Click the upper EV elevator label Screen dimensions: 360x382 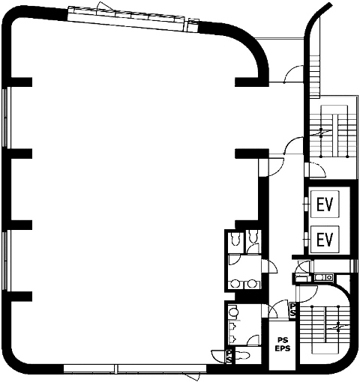(325, 204)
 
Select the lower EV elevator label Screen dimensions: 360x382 (325, 239)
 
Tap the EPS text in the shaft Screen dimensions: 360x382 (283, 348)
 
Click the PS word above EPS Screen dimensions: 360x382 (283, 340)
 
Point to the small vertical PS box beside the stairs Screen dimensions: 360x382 (292, 309)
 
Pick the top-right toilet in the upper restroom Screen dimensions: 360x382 (253, 237)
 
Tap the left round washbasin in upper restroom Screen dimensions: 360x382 (235, 284)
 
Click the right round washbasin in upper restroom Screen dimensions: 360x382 (252, 284)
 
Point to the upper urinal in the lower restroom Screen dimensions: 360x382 (232, 326)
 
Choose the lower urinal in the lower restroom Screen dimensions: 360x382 (232, 339)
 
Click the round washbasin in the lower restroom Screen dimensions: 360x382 (233, 312)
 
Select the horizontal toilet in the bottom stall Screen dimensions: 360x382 (242, 355)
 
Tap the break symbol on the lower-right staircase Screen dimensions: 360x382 (338, 327)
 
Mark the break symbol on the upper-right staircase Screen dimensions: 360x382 (321, 133)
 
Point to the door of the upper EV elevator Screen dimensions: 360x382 (306, 204)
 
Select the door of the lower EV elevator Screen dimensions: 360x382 (306, 239)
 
